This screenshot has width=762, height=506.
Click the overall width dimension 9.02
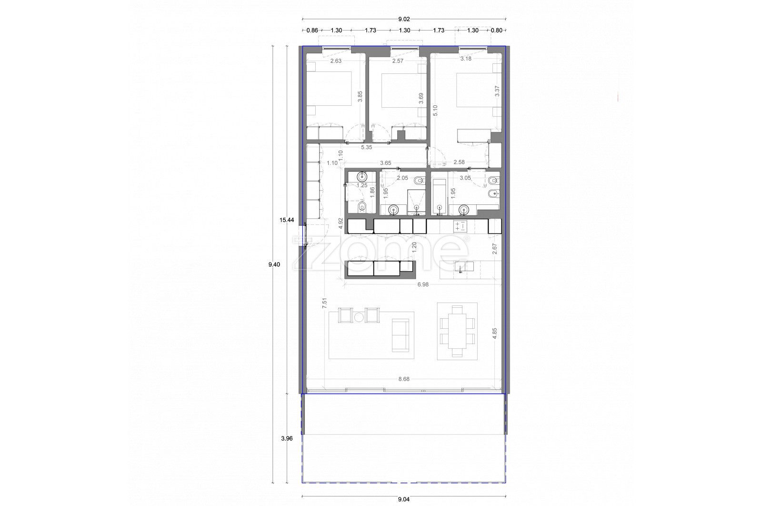pyautogui.click(x=404, y=20)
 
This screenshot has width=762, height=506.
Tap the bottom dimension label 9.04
pyautogui.click(x=404, y=499)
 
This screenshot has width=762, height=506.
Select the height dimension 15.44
pyautogui.click(x=287, y=220)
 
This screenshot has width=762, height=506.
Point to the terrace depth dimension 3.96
pyautogui.click(x=287, y=439)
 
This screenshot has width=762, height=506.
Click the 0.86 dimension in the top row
pyautogui.click(x=312, y=30)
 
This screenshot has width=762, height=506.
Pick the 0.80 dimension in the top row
pyautogui.click(x=497, y=30)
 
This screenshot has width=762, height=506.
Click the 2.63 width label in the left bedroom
pyautogui.click(x=336, y=61)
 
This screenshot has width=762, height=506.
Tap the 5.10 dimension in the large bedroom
pyautogui.click(x=435, y=111)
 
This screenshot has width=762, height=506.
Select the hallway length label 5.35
pyautogui.click(x=366, y=147)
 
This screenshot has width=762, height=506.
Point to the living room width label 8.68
pyautogui.click(x=404, y=379)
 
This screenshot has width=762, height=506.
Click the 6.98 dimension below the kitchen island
pyautogui.click(x=423, y=284)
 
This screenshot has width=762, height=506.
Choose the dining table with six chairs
pyautogui.click(x=457, y=331)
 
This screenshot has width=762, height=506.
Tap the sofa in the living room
pyautogui.click(x=401, y=335)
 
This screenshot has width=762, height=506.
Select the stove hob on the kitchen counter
pyautogui.click(x=460, y=226)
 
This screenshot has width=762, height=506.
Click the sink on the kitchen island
pyautogui.click(x=464, y=266)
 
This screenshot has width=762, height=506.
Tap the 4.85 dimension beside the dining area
pyautogui.click(x=495, y=333)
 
